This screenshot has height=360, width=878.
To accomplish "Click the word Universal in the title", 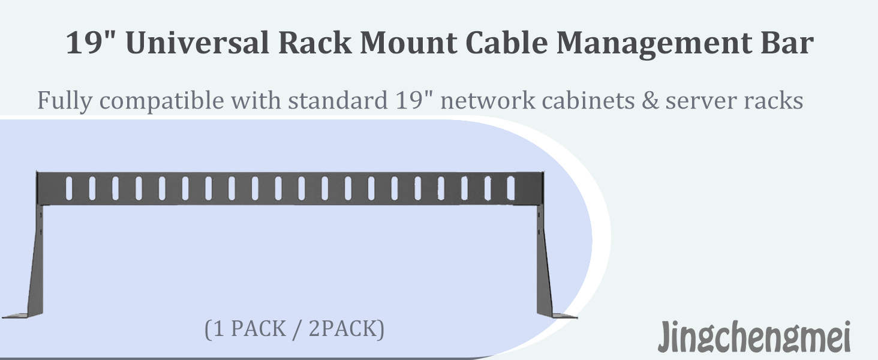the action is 197,42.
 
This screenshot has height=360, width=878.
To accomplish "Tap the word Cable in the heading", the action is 507,42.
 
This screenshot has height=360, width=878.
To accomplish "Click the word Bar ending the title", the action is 787,42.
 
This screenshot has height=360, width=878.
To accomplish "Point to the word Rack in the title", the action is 315,42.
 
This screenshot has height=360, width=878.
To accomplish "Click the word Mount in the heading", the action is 408,42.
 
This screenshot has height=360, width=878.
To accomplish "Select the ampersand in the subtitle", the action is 650,100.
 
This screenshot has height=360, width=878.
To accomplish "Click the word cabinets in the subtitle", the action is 588,100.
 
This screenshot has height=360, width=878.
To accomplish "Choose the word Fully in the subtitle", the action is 65,101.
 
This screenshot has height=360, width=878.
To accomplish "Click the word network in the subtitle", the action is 488,100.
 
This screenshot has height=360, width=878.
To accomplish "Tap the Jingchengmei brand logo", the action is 754,337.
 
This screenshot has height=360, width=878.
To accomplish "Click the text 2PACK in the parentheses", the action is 346,329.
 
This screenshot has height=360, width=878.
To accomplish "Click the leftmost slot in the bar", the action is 69,188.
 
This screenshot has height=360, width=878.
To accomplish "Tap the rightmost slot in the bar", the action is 511,188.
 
